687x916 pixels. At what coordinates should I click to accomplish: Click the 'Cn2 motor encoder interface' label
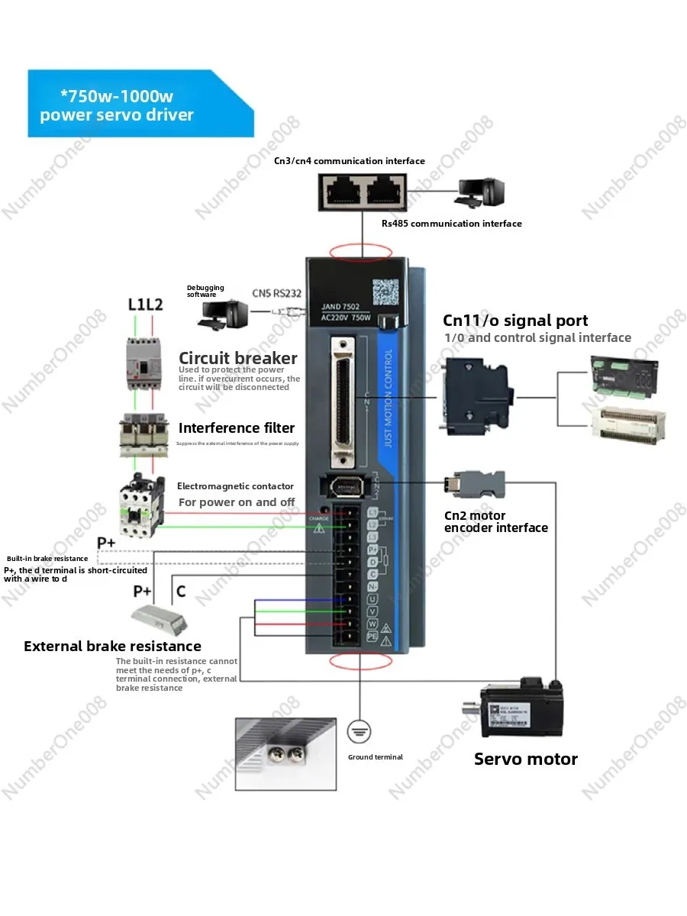point(495,521)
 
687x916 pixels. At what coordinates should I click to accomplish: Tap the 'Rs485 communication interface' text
point(451,224)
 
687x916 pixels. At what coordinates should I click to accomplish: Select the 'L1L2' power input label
point(145,304)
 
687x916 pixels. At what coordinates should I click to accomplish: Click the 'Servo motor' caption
point(525,759)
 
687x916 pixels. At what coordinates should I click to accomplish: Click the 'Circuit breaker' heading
point(237,358)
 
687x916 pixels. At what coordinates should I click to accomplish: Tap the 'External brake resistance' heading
point(112,647)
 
